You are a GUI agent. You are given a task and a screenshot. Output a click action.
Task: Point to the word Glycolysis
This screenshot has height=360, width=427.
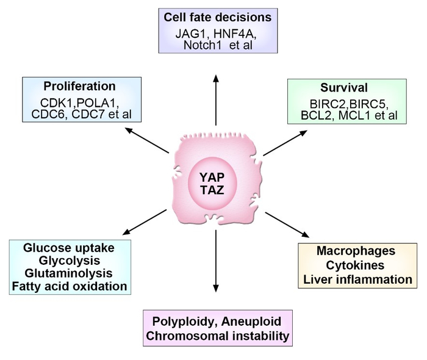[x=71, y=261]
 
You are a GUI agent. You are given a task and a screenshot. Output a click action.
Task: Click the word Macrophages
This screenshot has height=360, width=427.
[x=356, y=251]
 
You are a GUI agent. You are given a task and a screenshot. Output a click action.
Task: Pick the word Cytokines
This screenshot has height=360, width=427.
[x=356, y=265]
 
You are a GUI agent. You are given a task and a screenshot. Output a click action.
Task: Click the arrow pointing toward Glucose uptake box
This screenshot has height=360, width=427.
[x=145, y=221]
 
